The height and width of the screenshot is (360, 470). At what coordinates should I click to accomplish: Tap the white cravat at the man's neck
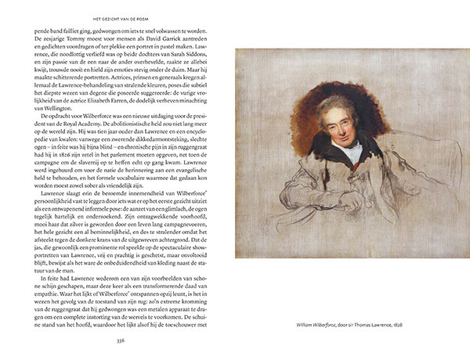pos(350,149)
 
